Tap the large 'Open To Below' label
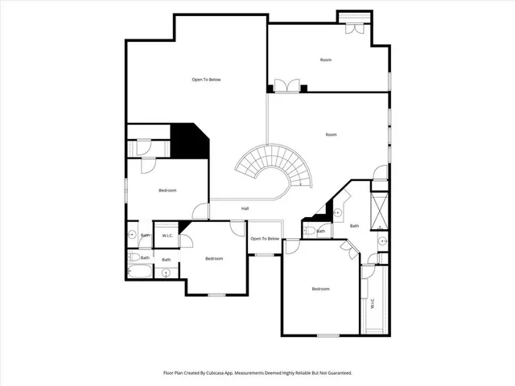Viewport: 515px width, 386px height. pos(206,80)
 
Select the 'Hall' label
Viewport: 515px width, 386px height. pos(245,209)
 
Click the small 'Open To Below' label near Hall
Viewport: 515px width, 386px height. pos(265,239)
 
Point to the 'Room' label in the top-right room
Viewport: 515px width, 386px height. pos(325,60)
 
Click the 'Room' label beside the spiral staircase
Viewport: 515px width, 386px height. pos(331,135)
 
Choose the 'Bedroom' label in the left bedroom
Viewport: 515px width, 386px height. pos(167,191)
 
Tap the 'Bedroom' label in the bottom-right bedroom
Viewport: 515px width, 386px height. pos(320,289)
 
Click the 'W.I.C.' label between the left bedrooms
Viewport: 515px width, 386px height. pos(167,236)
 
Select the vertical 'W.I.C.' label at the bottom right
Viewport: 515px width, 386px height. pos(373,305)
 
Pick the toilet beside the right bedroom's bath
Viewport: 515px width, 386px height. pos(310,231)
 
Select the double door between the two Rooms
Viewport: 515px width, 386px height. pos(286,86)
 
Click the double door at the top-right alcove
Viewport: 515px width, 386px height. pos(352,26)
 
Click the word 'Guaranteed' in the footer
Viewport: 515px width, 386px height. pos(334,373)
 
